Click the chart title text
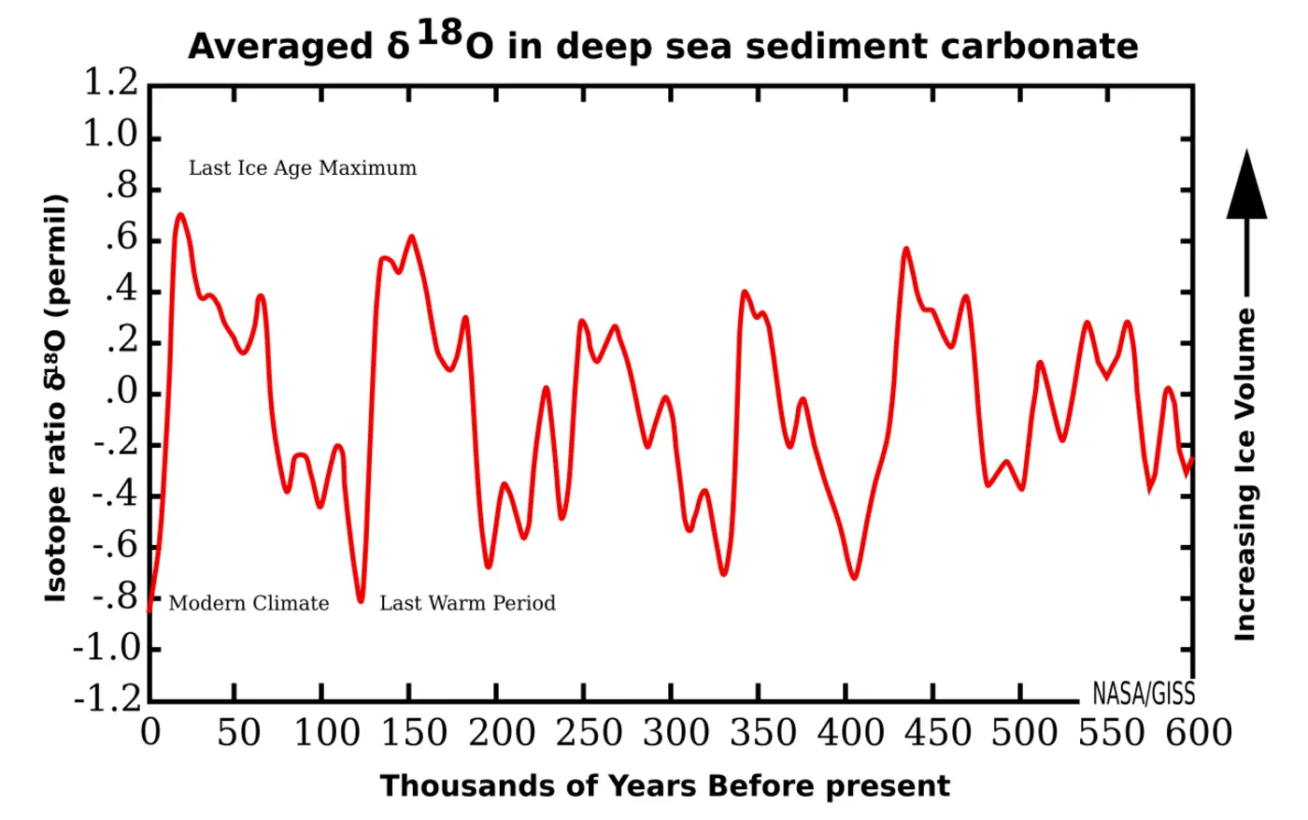click(662, 45)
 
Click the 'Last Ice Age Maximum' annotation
click(303, 168)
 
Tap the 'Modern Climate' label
click(249, 603)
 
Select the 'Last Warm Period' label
click(467, 603)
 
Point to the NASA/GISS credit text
click(1143, 694)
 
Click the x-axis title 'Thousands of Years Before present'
click(664, 785)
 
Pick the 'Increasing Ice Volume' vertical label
click(1245, 475)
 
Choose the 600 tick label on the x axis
click(1199, 732)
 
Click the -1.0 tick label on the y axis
click(105, 647)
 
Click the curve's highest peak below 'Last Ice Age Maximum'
click(180, 215)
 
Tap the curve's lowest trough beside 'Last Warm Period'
click(361, 600)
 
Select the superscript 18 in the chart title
click(439, 33)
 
